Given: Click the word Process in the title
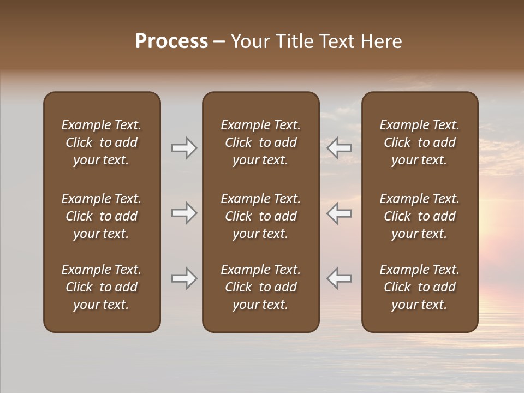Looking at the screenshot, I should [x=171, y=41].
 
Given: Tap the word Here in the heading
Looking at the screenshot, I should [x=382, y=41].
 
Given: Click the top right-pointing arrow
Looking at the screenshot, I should [x=184, y=148].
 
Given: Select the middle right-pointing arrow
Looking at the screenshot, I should [x=184, y=213].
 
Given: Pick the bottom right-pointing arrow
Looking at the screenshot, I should [x=184, y=278].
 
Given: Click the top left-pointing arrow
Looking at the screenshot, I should [x=340, y=148].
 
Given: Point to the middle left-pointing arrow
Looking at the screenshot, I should [x=340, y=213].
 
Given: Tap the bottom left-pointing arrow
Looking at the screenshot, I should [x=340, y=278].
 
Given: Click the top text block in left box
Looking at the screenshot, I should [x=102, y=142].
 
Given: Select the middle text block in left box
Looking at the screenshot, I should [x=102, y=216].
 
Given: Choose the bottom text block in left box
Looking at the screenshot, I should [x=102, y=287].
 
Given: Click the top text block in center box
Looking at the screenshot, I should [x=261, y=142].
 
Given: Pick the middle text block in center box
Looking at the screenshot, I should [x=261, y=216].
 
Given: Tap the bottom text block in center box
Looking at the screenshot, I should [x=261, y=287].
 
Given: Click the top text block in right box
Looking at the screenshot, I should [x=420, y=142].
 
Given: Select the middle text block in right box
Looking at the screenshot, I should [x=420, y=216].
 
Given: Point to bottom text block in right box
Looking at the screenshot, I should [x=420, y=287].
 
